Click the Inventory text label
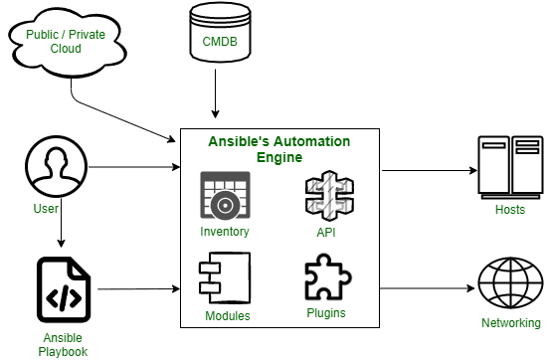pyautogui.click(x=225, y=232)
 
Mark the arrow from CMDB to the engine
pyautogui.click(x=215, y=99)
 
